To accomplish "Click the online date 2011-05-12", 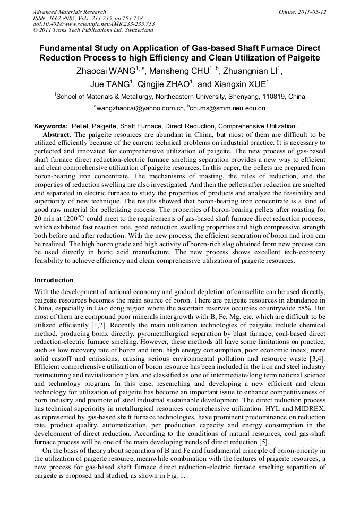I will [x=310, y=12].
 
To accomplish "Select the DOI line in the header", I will [x=93, y=24].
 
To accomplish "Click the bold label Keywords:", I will [x=51, y=126].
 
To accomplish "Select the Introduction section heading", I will [x=54, y=280].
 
